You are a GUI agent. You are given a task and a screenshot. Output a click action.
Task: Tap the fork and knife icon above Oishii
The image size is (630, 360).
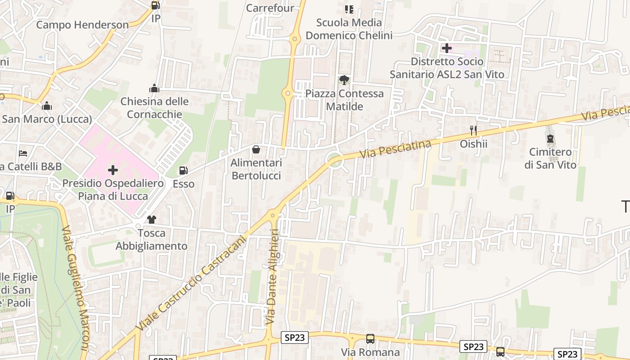point(473,130)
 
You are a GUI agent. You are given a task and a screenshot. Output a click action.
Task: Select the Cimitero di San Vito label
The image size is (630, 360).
point(550,158)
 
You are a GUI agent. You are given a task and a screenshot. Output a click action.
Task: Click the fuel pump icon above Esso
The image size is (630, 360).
point(184,171)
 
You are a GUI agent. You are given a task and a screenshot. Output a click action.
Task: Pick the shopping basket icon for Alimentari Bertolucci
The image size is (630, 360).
point(256,149)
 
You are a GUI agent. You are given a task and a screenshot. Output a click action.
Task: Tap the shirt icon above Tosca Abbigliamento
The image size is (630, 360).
point(152,220)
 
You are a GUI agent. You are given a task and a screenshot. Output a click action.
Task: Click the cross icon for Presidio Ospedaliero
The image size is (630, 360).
point(113,170)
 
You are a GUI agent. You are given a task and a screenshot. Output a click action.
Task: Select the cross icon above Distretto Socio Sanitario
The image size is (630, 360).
point(447,48)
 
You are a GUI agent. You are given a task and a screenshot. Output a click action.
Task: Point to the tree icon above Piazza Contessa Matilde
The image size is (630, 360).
point(344,80)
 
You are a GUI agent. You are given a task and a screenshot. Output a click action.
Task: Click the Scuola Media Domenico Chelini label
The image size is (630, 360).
point(349,29)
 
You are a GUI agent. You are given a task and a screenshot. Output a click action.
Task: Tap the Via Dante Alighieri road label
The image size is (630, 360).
point(273,276)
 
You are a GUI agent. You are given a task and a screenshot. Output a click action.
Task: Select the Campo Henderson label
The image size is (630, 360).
point(82,25)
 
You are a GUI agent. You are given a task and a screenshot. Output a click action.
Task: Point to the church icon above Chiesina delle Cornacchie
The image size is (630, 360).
point(154,88)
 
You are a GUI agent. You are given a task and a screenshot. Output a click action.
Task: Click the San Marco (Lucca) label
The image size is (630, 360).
point(47,119)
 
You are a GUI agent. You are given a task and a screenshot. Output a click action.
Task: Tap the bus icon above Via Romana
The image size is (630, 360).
point(370,339)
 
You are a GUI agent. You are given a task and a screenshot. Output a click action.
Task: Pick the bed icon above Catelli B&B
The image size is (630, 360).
point(23,153)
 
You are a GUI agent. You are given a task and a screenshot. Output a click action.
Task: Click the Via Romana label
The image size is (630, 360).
point(370,352)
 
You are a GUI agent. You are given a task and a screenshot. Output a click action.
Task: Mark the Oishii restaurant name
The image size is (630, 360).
point(473,144)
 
